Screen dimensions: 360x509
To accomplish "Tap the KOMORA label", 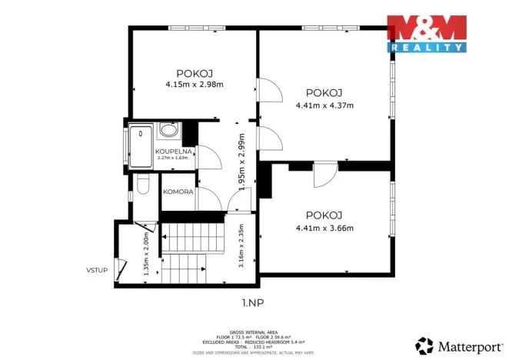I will (178, 192).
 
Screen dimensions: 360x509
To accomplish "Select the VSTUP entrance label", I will (96, 269).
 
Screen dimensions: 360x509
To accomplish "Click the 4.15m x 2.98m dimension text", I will (194, 85).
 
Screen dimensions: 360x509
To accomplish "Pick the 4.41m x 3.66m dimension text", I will (324, 228).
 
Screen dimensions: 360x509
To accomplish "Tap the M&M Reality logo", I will (427, 33).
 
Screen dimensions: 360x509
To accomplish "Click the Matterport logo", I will (453, 344).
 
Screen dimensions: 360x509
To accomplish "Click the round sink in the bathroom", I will (168, 130).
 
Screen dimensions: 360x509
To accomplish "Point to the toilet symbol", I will (141, 185).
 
